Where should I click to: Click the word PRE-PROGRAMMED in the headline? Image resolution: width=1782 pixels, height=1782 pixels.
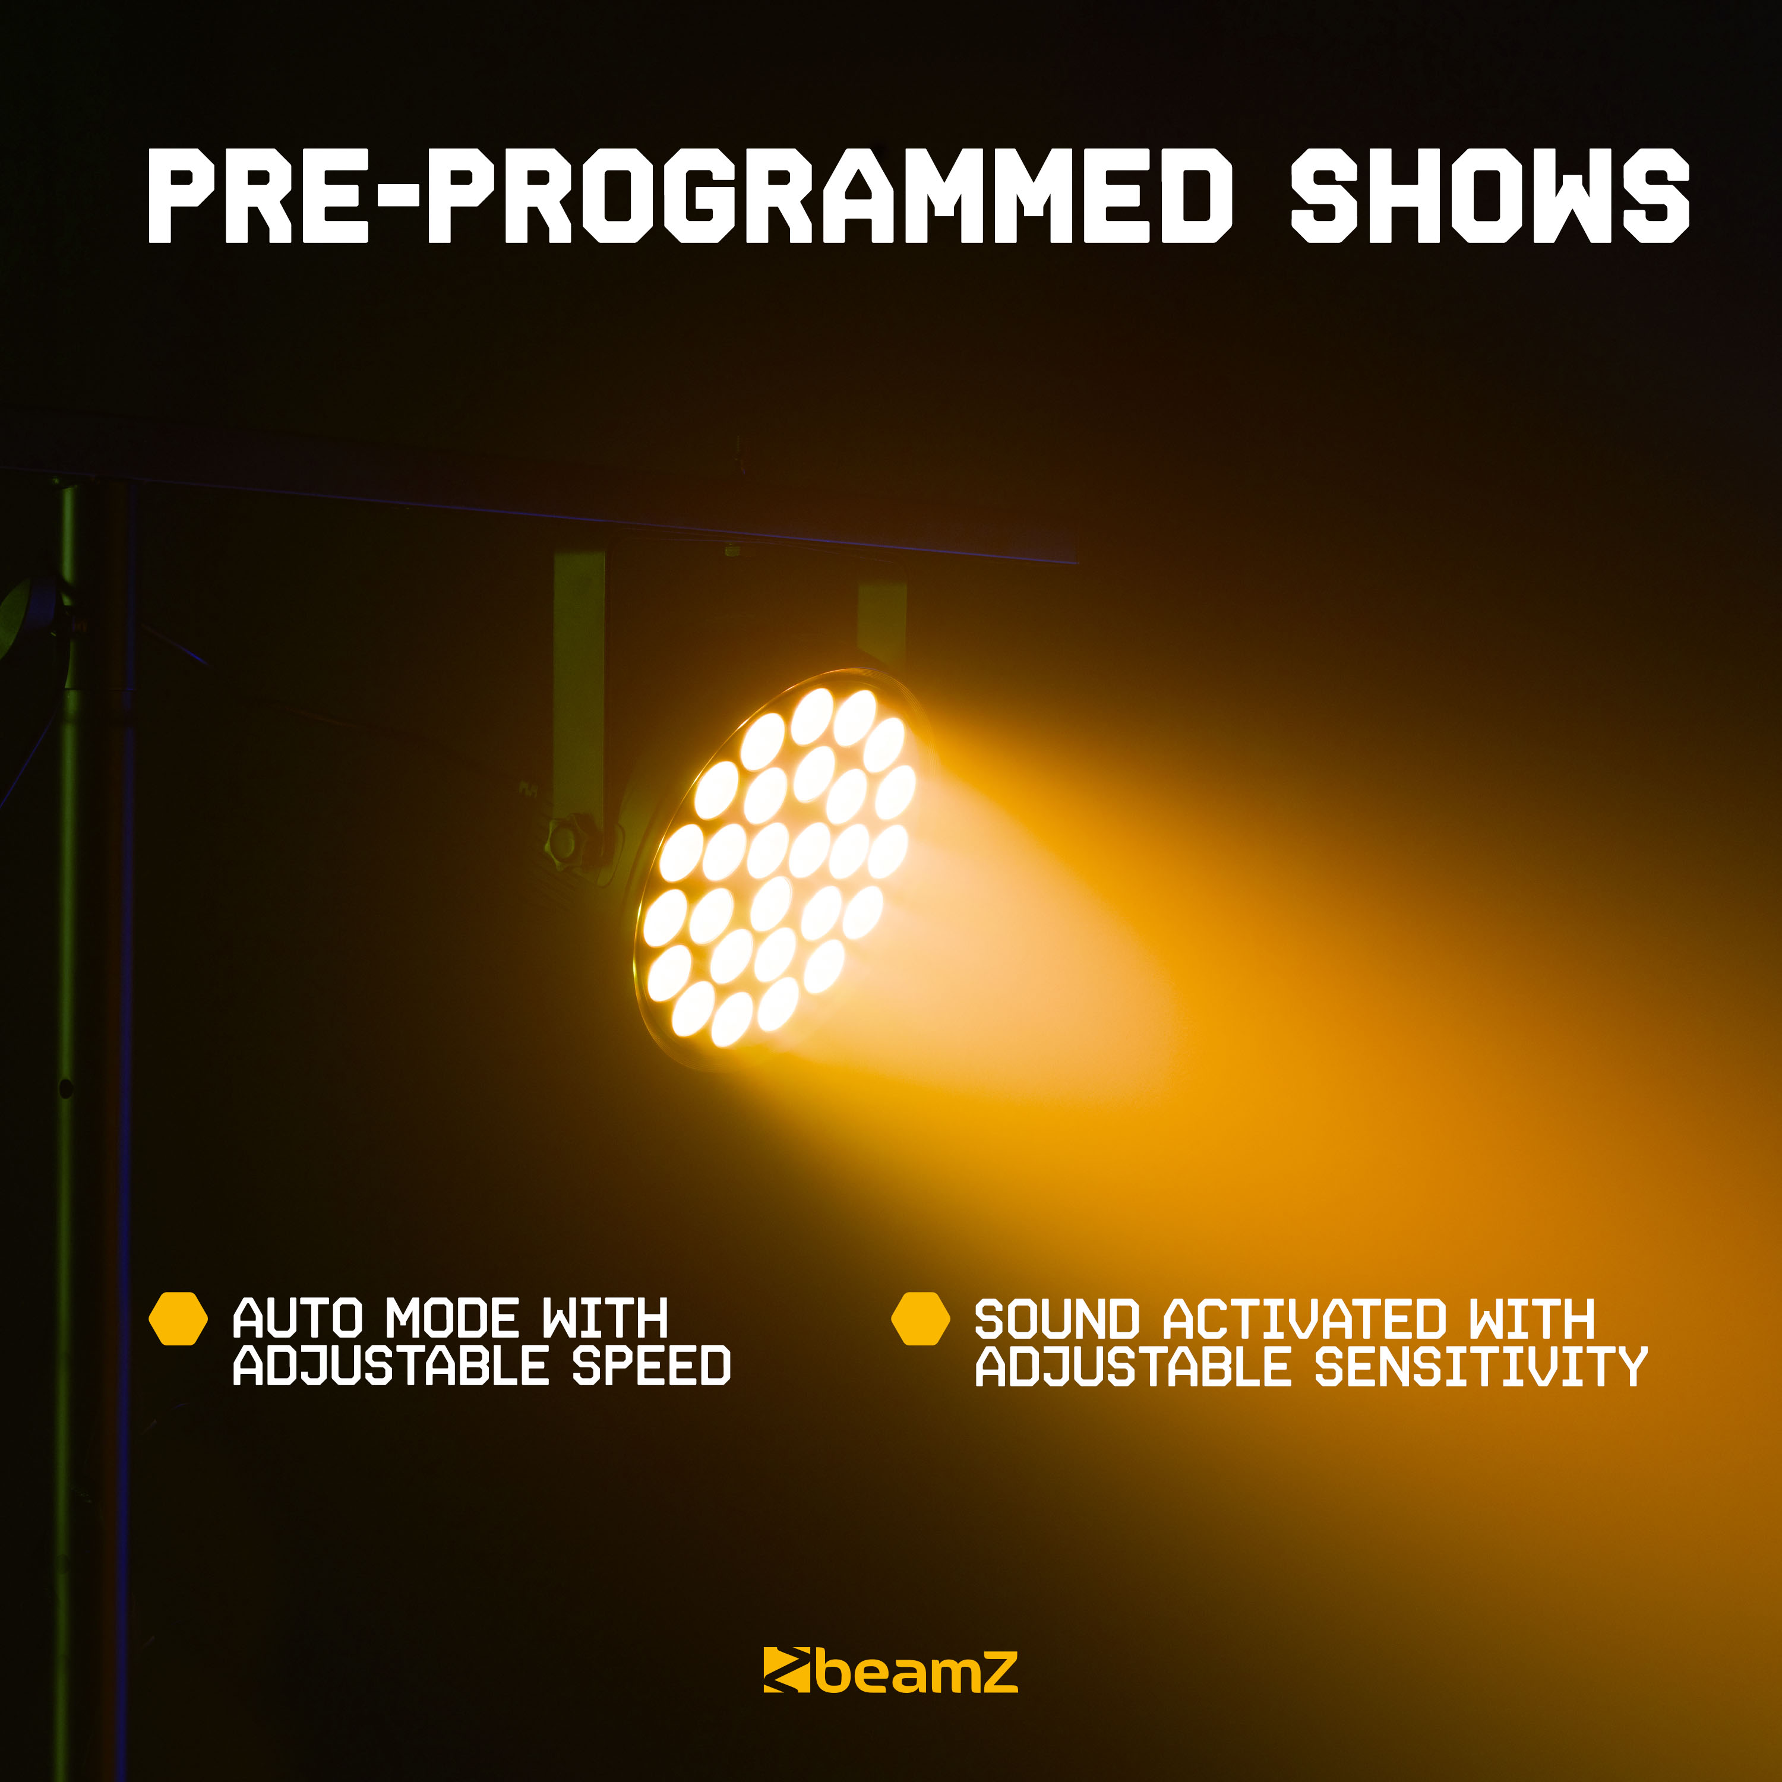tap(690, 195)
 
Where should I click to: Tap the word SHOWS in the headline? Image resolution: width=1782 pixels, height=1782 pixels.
tap(1490, 195)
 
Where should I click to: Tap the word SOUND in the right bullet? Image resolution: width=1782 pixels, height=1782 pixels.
tap(1057, 1319)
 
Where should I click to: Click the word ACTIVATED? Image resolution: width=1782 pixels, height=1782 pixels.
tap(1304, 1319)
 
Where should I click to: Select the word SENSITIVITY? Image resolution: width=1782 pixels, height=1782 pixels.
tap(1480, 1366)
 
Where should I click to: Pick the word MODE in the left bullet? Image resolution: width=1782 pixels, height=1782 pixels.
tap(452, 1318)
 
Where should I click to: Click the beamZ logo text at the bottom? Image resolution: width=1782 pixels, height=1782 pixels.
tap(916, 1672)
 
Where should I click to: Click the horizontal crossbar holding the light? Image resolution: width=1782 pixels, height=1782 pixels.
tap(539, 517)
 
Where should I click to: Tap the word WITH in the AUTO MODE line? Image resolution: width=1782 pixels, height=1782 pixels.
tap(604, 1318)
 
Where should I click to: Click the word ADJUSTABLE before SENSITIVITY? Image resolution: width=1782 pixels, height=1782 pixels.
tap(1133, 1366)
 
